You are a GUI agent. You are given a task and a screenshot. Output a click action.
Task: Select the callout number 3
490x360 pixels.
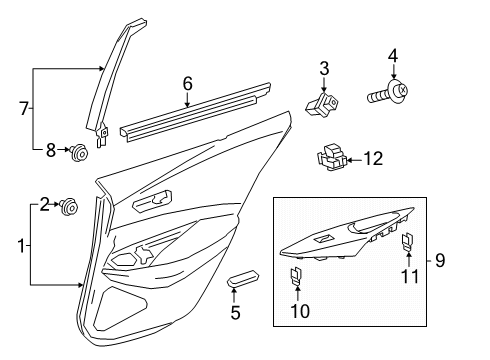coord(324,68)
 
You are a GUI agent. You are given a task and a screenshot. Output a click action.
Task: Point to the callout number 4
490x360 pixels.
coord(393,56)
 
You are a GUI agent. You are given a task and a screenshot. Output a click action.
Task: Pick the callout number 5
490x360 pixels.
coord(235,312)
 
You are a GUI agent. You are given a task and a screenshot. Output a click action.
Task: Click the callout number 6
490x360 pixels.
coord(186,85)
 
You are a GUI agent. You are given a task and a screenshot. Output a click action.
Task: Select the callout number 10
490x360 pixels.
coord(298,312)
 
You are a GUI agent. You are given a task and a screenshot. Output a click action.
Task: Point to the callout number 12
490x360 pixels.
coord(373,157)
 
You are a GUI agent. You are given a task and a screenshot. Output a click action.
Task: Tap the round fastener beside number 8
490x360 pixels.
coord(77,152)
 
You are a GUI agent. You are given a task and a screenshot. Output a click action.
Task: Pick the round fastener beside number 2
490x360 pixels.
coord(70,207)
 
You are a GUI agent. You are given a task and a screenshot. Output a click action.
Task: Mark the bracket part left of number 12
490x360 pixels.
coord(332,156)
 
